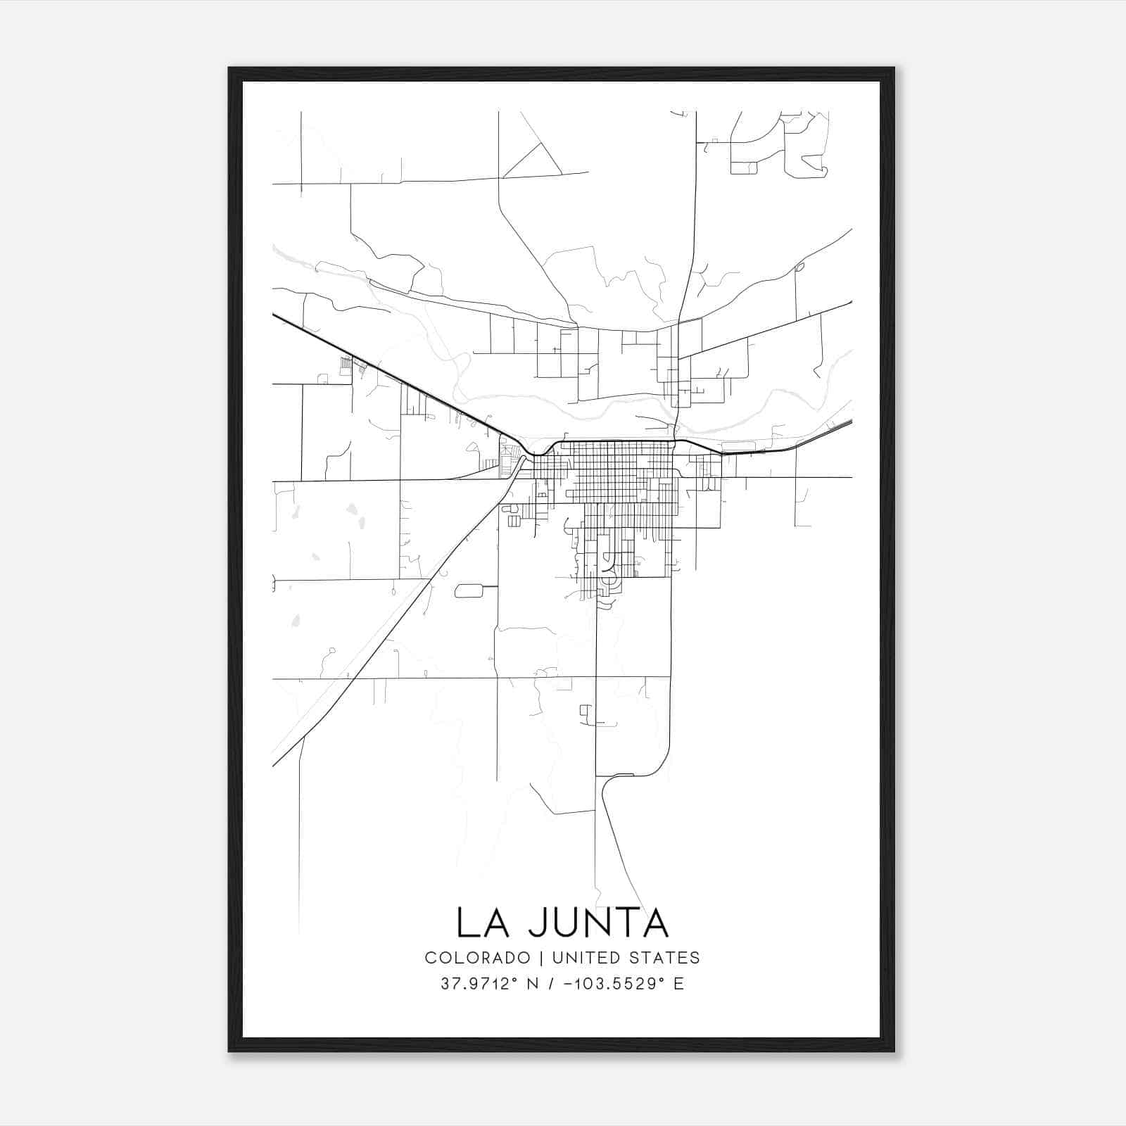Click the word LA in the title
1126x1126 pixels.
pyautogui.click(x=482, y=923)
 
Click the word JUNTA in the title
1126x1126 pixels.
pyautogui.click(x=598, y=923)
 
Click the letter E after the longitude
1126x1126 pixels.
pyautogui.click(x=678, y=984)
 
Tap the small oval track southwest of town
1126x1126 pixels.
pyautogui.click(x=469, y=590)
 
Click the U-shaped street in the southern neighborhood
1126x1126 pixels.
pyautogui.click(x=606, y=562)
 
